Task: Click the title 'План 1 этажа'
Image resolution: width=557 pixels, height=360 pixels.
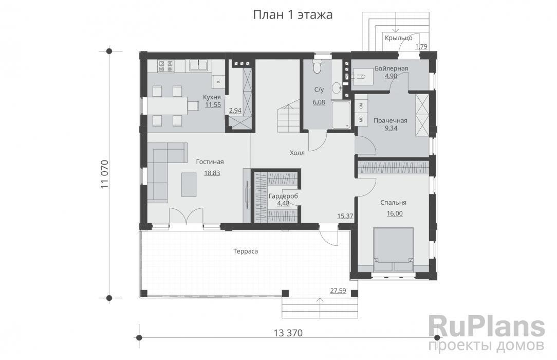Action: click(x=293, y=15)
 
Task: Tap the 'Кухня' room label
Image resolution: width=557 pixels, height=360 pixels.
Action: click(x=212, y=97)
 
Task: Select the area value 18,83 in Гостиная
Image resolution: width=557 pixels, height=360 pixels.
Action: click(x=212, y=173)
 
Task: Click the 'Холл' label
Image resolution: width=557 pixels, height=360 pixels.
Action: click(x=298, y=153)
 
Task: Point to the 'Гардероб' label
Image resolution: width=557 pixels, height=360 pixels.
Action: click(x=283, y=196)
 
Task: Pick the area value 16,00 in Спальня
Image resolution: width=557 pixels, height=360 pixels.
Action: click(x=395, y=213)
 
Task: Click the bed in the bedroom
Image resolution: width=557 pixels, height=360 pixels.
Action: click(x=394, y=249)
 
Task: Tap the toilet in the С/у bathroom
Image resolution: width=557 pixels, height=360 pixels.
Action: click(x=317, y=66)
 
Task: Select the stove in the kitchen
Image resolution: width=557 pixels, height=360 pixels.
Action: click(x=166, y=66)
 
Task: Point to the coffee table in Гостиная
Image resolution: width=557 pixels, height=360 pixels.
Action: click(x=189, y=185)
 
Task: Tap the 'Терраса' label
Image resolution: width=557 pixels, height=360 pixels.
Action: click(x=246, y=251)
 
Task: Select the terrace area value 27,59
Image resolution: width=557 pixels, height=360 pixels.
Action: click(x=338, y=291)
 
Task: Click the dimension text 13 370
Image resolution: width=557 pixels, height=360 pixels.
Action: click(x=288, y=333)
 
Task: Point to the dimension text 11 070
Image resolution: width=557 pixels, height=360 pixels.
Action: click(x=104, y=174)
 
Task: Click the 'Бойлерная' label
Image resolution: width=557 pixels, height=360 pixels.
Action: click(x=391, y=68)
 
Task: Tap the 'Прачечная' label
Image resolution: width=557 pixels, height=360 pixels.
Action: click(x=391, y=120)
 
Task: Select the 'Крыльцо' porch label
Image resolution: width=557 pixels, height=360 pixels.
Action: click(x=399, y=38)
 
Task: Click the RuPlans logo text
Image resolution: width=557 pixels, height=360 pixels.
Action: click(x=486, y=327)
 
